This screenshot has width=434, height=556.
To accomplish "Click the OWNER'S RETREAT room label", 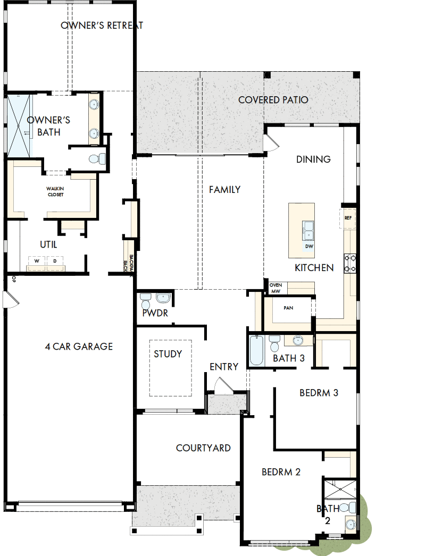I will point(102,26).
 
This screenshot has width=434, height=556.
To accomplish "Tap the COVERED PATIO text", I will point(273,100).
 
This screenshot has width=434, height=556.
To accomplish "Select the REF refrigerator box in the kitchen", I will point(348,218).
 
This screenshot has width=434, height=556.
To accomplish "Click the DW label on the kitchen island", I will point(309,247).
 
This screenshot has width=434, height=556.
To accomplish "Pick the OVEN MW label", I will point(275,288).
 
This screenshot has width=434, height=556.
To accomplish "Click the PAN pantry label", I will point(289,308).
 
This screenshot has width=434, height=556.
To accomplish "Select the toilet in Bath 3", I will point(274,344).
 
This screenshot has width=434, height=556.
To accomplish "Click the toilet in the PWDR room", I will point(146,302).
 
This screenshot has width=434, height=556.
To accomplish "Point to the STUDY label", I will point(168,354).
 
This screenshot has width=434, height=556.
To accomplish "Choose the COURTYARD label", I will point(203,448).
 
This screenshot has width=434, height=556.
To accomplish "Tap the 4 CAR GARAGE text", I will point(79,347).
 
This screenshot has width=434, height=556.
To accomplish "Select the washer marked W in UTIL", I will point(37,262).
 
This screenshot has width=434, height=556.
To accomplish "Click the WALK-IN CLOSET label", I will point(55,191).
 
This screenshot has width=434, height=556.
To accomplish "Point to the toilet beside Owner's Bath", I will point(96,158).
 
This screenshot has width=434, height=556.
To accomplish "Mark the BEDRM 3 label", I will point(319,393).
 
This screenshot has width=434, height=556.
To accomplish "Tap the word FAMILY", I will point(224,190).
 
